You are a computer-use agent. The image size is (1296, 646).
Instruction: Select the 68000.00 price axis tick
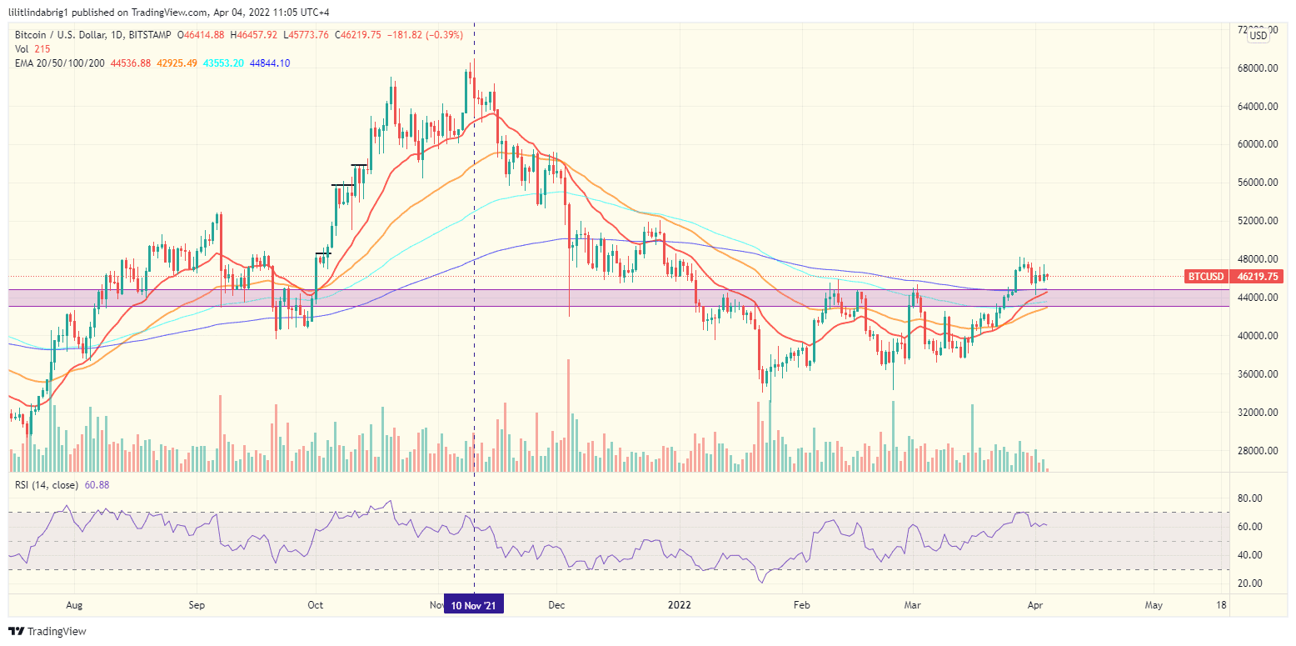(1254, 68)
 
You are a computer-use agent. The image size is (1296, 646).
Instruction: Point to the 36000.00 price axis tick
(1254, 374)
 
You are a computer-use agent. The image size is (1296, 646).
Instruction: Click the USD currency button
(1258, 35)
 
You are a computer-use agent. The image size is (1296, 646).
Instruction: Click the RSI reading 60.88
(97, 485)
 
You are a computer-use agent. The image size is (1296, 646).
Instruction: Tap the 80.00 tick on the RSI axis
(1251, 498)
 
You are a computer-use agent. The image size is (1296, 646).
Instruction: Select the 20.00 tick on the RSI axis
(1251, 583)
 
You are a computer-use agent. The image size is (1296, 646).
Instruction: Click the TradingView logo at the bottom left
(47, 632)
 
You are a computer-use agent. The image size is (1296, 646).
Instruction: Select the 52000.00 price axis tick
(1254, 221)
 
